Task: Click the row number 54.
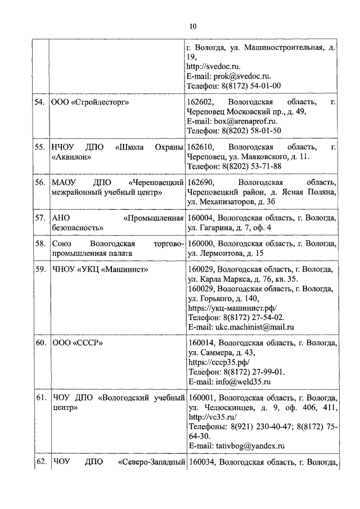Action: coord(39,102)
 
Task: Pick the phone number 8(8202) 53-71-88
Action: coord(251,166)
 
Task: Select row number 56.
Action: coord(39,183)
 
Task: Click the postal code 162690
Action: coord(201,183)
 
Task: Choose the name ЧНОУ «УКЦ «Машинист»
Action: coord(99,269)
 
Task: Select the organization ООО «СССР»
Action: coord(78,343)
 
